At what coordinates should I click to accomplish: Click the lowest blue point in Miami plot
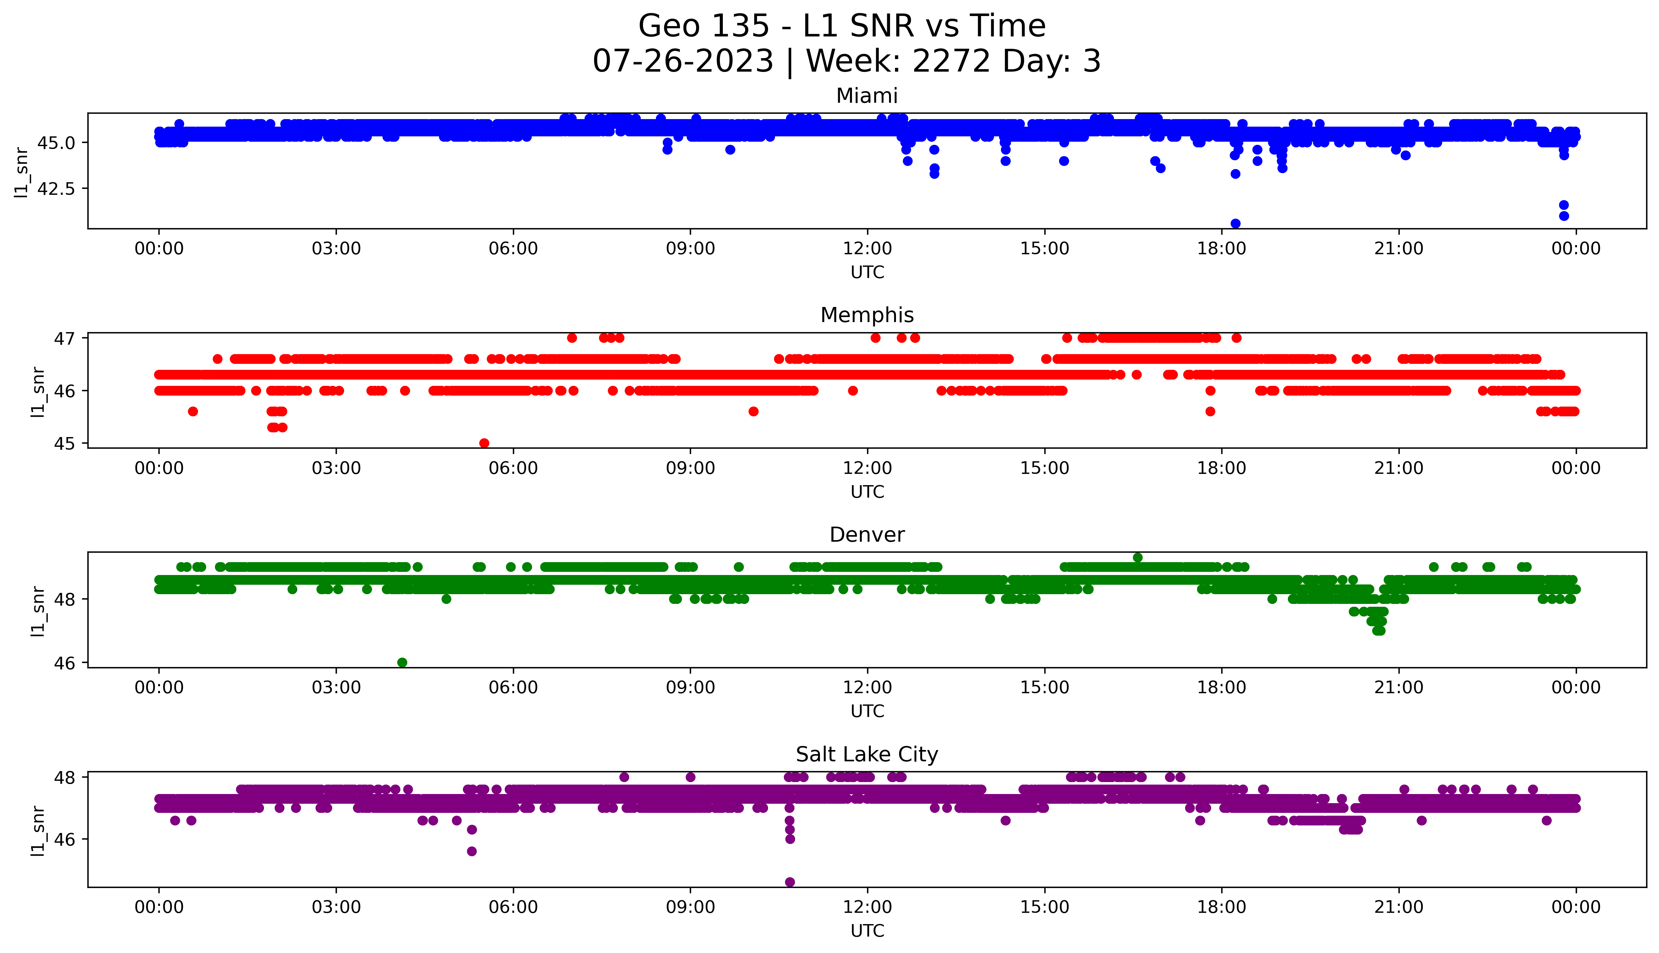click(1235, 223)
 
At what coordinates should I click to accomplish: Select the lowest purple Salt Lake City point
click(790, 882)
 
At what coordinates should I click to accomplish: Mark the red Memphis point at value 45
click(484, 443)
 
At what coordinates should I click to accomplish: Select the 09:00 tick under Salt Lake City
click(690, 907)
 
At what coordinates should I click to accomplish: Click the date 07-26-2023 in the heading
click(683, 61)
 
